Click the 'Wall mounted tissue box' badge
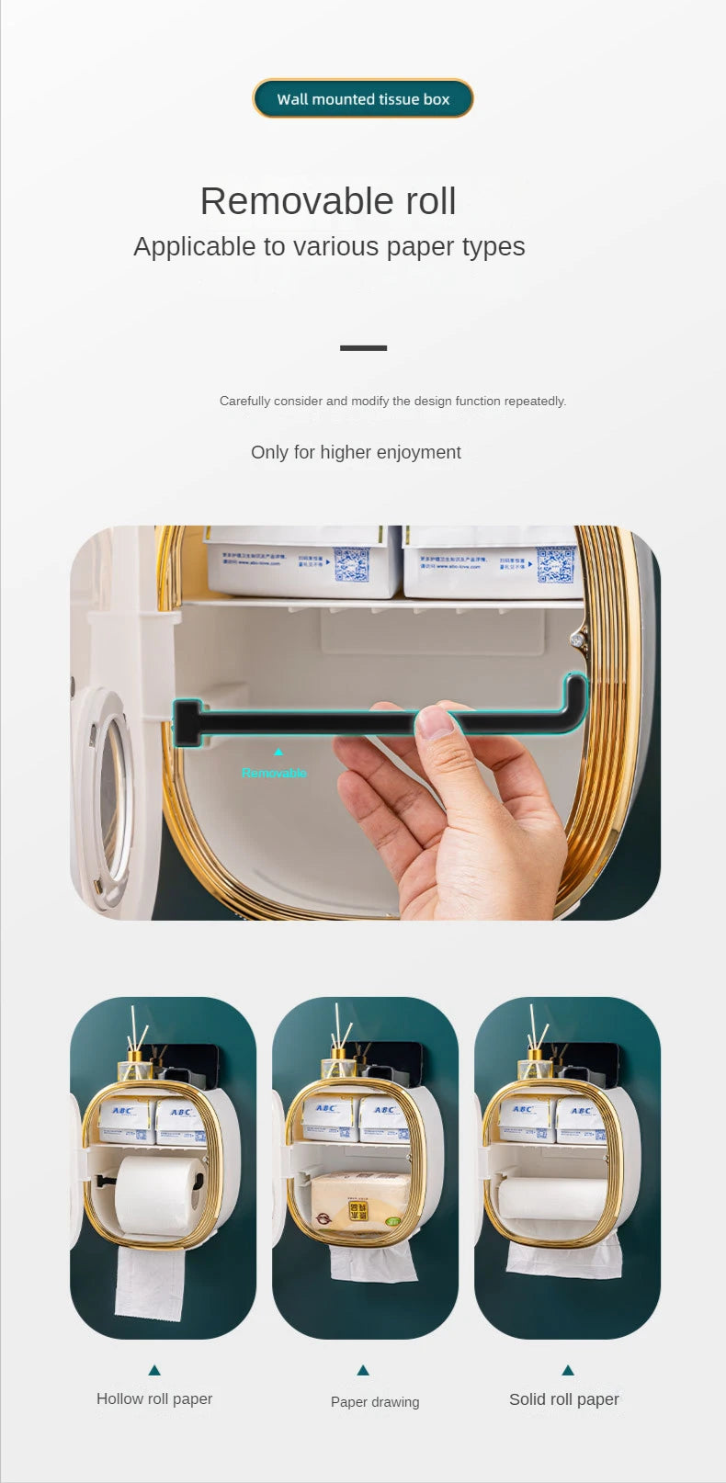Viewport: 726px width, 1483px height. click(x=363, y=99)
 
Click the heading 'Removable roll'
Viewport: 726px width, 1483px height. click(x=328, y=201)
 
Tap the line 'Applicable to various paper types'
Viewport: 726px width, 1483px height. click(x=329, y=247)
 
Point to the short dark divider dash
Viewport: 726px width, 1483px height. click(x=363, y=348)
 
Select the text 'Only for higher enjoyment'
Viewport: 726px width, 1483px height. click(x=356, y=452)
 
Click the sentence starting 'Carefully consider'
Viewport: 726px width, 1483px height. click(x=392, y=402)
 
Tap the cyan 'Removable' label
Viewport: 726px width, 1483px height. click(x=274, y=774)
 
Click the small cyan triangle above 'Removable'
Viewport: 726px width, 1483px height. click(x=278, y=753)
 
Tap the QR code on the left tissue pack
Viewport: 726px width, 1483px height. click(x=351, y=563)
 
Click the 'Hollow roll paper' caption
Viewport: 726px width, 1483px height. click(x=154, y=1399)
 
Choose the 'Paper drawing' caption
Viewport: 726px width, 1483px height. click(x=375, y=1402)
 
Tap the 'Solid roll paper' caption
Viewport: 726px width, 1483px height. click(x=564, y=1399)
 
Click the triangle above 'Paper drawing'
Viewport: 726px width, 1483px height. click(x=363, y=1370)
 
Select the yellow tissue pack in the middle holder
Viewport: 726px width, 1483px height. click(x=359, y=1202)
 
